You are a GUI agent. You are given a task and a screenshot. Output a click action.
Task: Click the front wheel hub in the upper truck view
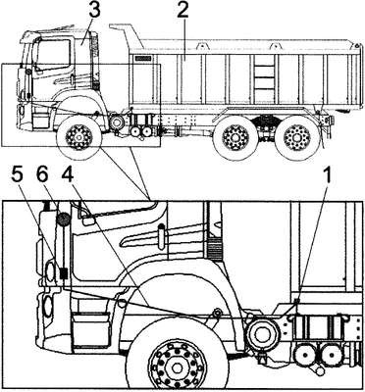click(79, 137)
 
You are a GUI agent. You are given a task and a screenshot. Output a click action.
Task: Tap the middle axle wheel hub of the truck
click(235, 137)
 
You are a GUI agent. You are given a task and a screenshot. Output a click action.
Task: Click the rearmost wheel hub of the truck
click(296, 137)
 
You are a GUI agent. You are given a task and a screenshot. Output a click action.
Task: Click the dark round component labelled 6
click(63, 219)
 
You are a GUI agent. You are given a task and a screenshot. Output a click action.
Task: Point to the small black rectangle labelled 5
click(64, 273)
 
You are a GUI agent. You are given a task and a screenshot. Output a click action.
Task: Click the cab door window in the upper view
click(53, 55)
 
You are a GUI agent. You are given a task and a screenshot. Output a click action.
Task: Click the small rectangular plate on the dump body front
click(142, 59)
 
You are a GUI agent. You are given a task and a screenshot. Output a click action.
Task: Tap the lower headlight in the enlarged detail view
click(48, 306)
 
